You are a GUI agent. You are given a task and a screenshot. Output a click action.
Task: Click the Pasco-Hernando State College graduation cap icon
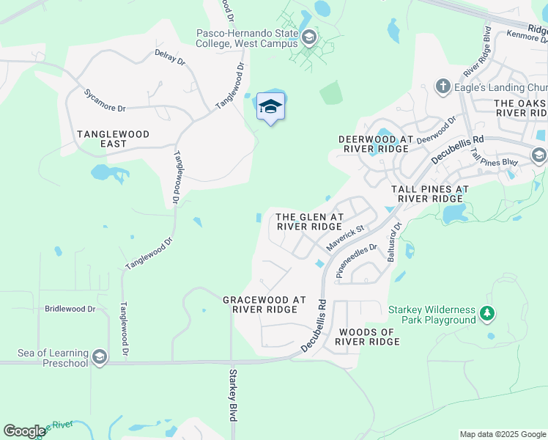pyautogui.click(x=309, y=37)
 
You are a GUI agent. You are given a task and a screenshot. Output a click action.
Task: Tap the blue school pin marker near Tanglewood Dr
pyautogui.click(x=270, y=107)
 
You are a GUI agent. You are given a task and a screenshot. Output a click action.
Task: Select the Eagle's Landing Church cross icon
pyautogui.click(x=443, y=87)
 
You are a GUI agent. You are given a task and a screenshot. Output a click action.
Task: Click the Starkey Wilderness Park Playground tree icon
pyautogui.click(x=486, y=315)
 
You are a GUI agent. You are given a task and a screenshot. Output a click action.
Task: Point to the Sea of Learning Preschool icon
pyautogui.click(x=100, y=358)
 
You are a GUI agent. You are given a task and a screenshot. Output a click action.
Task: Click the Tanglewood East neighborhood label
pyautogui.click(x=114, y=139)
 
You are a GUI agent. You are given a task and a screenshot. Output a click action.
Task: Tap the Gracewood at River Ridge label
pyautogui.click(x=264, y=304)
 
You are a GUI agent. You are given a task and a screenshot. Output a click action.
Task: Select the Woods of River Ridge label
pyautogui.click(x=366, y=337)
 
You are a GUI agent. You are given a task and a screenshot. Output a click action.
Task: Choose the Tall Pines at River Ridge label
pyautogui.click(x=429, y=194)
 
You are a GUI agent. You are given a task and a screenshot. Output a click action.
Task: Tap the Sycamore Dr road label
pyautogui.click(x=105, y=100)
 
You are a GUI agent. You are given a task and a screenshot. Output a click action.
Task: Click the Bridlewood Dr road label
pyautogui.click(x=70, y=309)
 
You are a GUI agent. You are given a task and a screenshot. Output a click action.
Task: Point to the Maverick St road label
pyautogui.click(x=345, y=239)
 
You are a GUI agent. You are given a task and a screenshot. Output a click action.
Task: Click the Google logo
pyautogui.click(x=24, y=431)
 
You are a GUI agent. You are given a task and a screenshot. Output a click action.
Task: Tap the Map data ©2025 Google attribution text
pyautogui.click(x=502, y=434)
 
